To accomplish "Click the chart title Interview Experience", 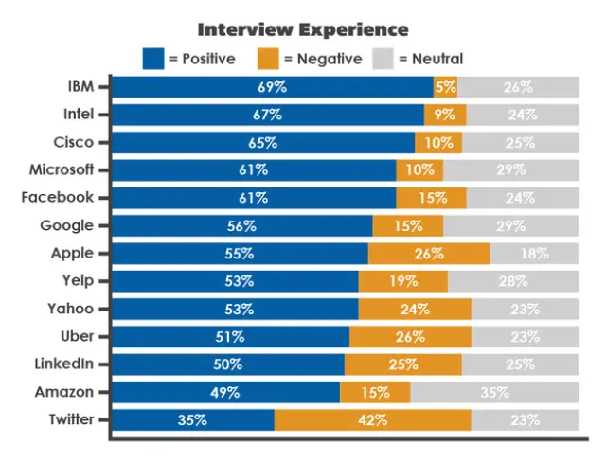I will [x=303, y=30].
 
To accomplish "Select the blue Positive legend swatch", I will [x=153, y=58].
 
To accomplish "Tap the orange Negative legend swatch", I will [x=269, y=58].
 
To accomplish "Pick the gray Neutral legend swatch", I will [x=383, y=58].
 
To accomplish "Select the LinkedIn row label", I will [x=64, y=364].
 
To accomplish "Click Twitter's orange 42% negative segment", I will [x=372, y=419].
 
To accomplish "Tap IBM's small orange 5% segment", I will [x=445, y=87].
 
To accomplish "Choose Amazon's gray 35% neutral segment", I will [x=493, y=392].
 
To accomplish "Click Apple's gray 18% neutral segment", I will [x=534, y=254].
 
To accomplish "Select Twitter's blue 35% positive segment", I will [x=193, y=419].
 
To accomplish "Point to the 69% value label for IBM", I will [x=272, y=87].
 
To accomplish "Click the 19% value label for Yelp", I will [x=402, y=281].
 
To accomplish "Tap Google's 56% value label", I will [x=241, y=225].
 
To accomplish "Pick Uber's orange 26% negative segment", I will [x=410, y=336].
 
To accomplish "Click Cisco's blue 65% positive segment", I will [x=263, y=142].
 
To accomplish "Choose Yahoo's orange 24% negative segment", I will [x=415, y=309].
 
